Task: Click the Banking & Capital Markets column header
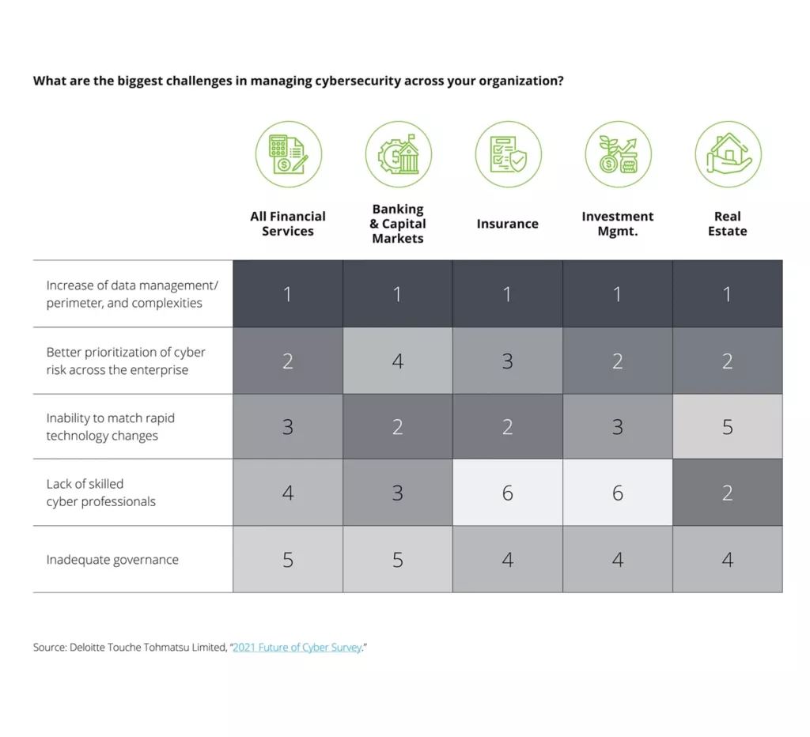pos(397,224)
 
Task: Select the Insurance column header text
pos(507,224)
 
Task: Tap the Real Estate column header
pos(727,224)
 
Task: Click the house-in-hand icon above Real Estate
pos(728,154)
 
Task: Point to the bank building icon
pos(398,154)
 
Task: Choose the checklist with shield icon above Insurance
pos(508,154)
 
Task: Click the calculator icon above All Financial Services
pos(288,154)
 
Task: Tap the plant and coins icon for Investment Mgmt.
pos(618,154)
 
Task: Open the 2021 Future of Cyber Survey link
pos(297,648)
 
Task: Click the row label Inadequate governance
pos(112,560)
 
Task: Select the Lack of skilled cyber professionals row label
pos(100,493)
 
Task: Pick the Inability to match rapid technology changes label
pos(110,427)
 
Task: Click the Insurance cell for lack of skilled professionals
pos(507,493)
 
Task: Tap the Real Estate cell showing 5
pos(727,427)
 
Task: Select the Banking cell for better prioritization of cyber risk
pos(397,361)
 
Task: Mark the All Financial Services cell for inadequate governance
pos(288,560)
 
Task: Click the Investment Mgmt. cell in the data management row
pos(617,294)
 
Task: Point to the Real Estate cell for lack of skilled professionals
pos(727,493)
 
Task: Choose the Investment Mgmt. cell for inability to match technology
pos(617,427)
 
